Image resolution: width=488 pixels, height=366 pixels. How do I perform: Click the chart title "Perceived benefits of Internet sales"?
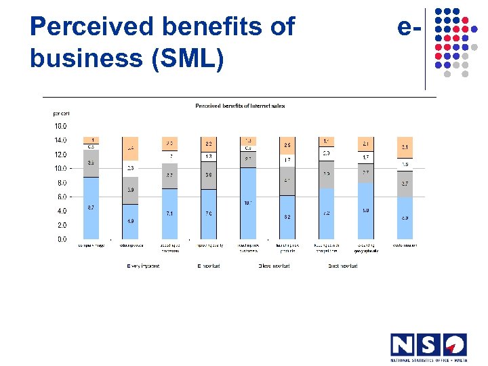coord(240,106)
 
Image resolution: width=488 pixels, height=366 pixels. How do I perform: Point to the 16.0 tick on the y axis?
coord(60,126)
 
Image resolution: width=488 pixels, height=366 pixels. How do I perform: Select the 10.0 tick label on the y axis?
coord(60,168)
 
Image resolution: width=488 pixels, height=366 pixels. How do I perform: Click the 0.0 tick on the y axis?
coord(62,239)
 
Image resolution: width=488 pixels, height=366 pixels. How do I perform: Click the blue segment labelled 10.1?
coord(248,203)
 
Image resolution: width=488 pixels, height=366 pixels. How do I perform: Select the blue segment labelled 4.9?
coord(129,222)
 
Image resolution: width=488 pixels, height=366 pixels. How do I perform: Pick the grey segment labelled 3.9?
coord(129,190)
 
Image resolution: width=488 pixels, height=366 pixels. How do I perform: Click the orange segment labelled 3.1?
coord(405,147)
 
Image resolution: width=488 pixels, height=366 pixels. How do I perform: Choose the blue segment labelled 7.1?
coord(170,213)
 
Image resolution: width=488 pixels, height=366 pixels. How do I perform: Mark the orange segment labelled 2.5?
coord(287,145)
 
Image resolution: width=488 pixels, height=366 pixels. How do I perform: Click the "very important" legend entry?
coord(144,266)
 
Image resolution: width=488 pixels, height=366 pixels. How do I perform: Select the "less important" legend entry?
coord(274,266)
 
